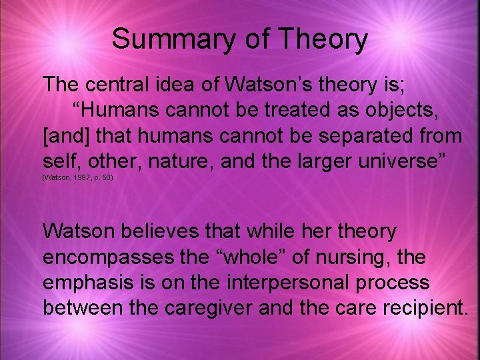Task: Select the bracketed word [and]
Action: (x=67, y=136)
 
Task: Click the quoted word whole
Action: (x=241, y=257)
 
